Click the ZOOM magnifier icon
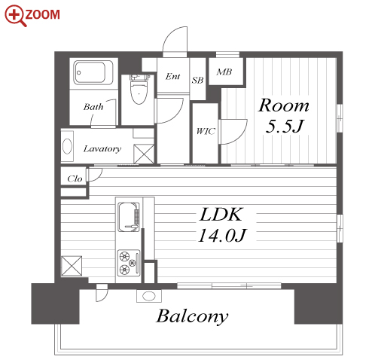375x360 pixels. click(x=16, y=16)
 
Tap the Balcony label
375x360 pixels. click(x=192, y=316)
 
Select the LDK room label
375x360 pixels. click(x=221, y=214)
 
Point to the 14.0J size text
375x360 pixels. click(x=222, y=236)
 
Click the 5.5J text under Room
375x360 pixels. click(x=285, y=126)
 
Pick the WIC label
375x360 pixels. click(x=206, y=131)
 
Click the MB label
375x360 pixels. click(x=224, y=72)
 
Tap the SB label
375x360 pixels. click(x=197, y=80)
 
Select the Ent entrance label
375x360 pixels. click(x=172, y=76)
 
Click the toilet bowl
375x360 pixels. click(x=139, y=90)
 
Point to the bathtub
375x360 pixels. click(x=93, y=72)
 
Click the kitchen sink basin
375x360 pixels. click(x=129, y=217)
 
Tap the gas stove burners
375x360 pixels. click(x=129, y=263)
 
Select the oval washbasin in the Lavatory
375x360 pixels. click(x=67, y=146)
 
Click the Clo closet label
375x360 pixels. click(x=75, y=178)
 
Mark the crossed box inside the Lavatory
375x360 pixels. click(x=144, y=154)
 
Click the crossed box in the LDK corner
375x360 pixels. click(x=72, y=266)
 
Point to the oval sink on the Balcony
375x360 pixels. click(x=149, y=296)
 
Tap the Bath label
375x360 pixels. click(x=93, y=107)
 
